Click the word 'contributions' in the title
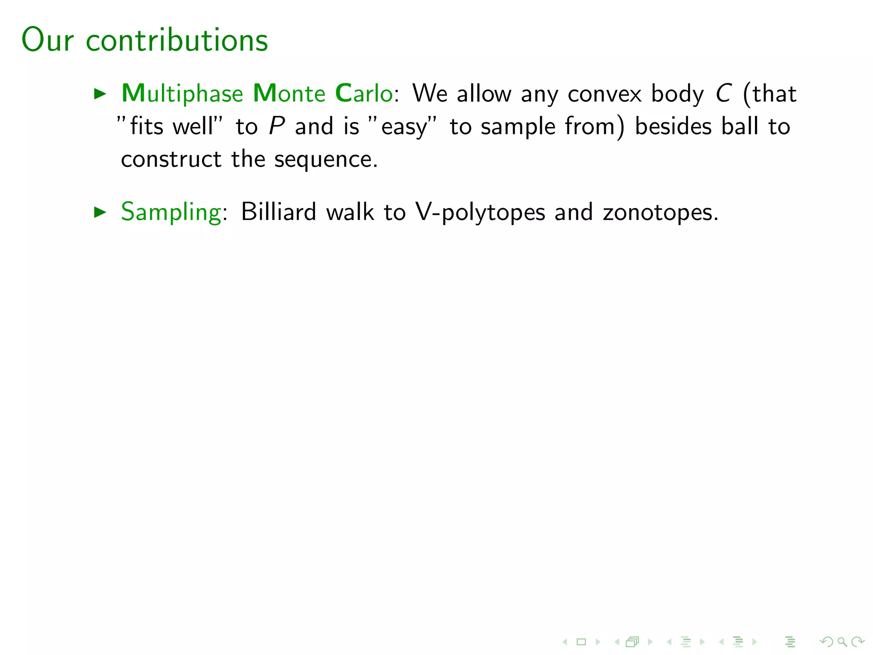(x=177, y=40)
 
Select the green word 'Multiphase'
(x=182, y=94)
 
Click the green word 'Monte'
(x=289, y=93)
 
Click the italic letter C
(x=723, y=93)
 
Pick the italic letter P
(x=277, y=126)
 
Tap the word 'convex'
(x=604, y=94)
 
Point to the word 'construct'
(x=171, y=159)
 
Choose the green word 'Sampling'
(x=171, y=212)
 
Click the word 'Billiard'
(x=278, y=212)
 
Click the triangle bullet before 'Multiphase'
(x=100, y=94)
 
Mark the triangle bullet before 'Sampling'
(x=100, y=212)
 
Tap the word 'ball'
(x=740, y=126)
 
